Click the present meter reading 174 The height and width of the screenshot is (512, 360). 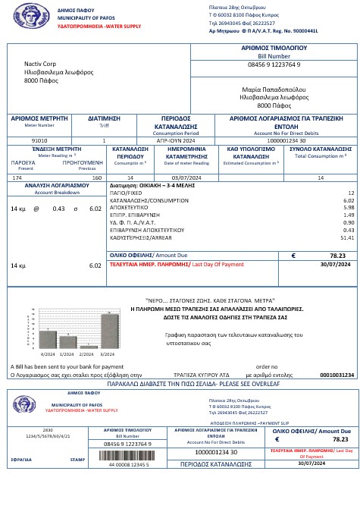coord(17,177)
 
